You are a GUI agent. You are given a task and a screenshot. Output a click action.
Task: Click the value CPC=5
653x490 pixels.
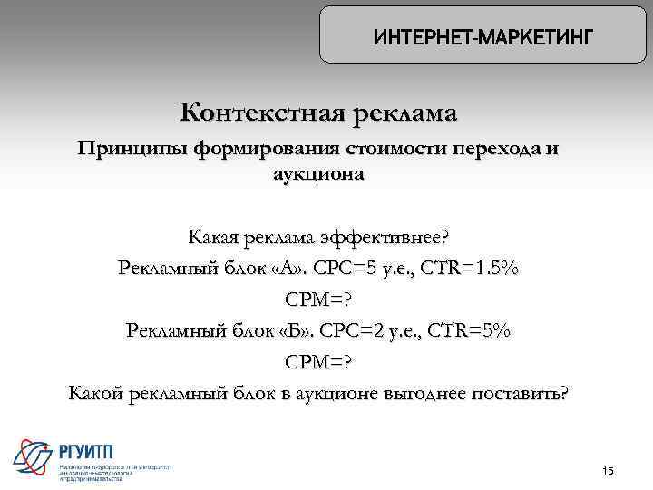[332, 269]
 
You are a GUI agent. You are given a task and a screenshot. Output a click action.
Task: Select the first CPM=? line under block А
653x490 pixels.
[318, 299]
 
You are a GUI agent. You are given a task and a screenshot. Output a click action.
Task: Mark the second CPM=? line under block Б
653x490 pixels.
[318, 361]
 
